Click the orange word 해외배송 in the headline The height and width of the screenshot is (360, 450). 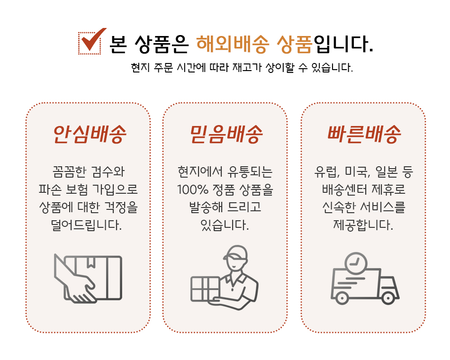click(233, 45)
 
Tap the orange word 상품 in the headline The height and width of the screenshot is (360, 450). click(295, 45)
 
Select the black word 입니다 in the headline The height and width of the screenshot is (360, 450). click(343, 44)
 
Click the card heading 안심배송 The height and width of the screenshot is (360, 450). click(90, 134)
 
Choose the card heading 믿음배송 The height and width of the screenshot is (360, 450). click(226, 134)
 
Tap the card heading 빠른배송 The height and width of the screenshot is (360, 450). click(364, 134)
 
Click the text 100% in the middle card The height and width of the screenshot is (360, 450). click(193, 190)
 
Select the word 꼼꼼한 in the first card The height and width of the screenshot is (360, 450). click(69, 171)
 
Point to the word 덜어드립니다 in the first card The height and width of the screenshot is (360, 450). click(86, 225)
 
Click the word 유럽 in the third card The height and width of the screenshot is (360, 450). click(327, 171)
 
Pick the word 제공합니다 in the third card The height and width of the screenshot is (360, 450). click(363, 225)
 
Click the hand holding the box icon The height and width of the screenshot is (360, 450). click(88, 278)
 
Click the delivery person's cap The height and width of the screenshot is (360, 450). click(235, 253)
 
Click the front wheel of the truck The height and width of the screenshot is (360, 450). click(388, 298)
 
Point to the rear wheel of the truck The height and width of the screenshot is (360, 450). click(342, 298)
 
